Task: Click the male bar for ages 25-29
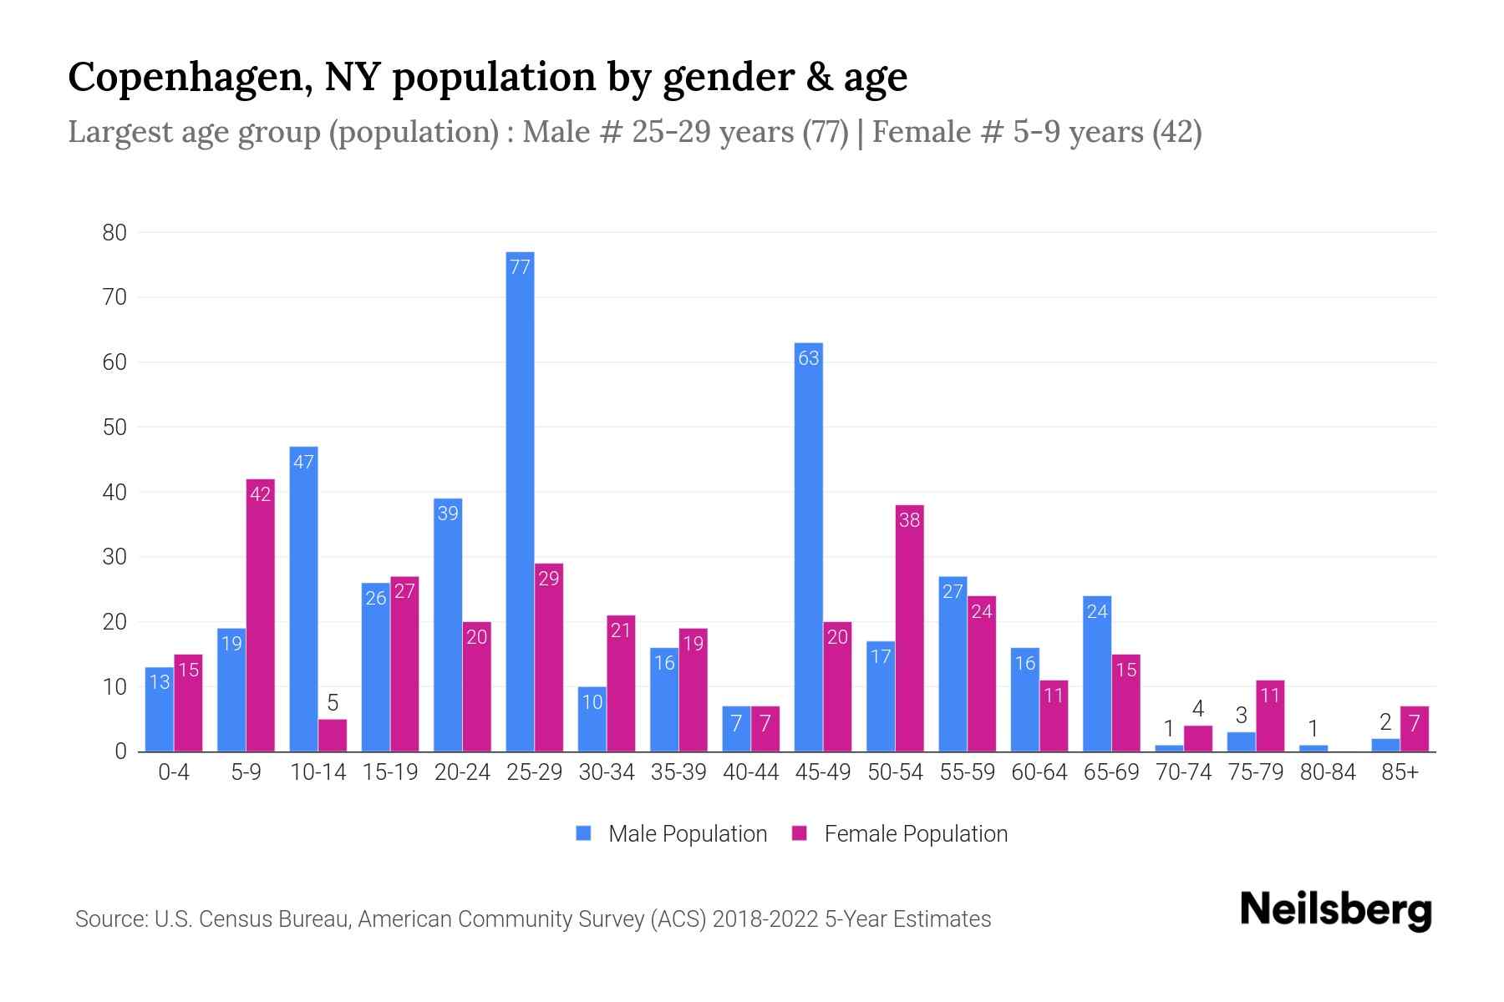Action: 520,501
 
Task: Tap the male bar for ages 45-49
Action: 809,547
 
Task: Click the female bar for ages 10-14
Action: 333,736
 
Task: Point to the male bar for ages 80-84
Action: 1313,748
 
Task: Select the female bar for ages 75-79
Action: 1270,716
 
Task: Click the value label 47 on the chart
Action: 303,462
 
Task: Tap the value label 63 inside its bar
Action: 809,358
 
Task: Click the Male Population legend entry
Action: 671,833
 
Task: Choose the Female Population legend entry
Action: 900,833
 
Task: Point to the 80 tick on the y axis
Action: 114,233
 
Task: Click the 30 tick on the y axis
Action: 114,557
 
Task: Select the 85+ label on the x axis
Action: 1400,772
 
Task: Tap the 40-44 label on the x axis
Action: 750,772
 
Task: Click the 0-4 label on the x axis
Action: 174,772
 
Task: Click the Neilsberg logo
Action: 1335,910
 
